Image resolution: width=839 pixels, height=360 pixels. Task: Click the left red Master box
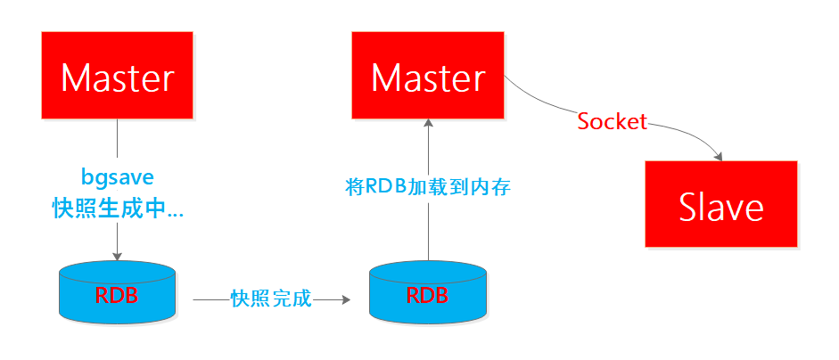tap(117, 75)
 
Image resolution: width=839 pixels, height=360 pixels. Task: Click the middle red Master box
tap(428, 75)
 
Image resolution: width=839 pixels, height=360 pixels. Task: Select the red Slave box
tap(721, 205)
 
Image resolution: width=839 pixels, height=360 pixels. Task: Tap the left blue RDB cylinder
tap(117, 293)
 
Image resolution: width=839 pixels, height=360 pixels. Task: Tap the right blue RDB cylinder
tap(428, 293)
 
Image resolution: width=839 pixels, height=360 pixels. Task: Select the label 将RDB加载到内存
tap(428, 188)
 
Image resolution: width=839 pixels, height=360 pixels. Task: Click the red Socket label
tap(613, 122)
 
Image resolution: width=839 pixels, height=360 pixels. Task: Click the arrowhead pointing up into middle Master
tap(428, 124)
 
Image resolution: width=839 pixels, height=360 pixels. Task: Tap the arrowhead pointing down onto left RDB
tap(117, 256)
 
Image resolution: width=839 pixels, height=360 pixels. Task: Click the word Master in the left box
tap(117, 78)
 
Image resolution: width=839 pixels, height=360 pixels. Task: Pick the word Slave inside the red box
tap(721, 207)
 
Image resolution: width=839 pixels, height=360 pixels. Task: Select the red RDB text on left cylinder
tap(117, 295)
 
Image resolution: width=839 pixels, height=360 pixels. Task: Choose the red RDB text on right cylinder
tap(428, 295)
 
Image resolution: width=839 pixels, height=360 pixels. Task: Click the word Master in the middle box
tap(428, 78)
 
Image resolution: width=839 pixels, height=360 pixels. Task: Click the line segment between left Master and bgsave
tap(117, 141)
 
